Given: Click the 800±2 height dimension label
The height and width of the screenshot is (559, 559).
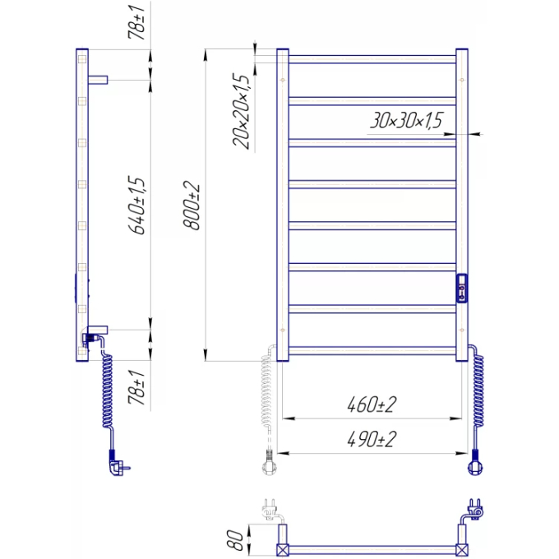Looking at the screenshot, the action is click(x=192, y=205).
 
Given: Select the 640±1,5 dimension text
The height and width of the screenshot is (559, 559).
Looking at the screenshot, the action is click(x=137, y=205).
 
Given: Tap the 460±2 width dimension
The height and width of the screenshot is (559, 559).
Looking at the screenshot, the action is click(x=372, y=404).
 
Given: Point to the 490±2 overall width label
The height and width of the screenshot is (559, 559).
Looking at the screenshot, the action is click(x=372, y=439).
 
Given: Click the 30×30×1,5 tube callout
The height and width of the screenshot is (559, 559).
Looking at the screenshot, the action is click(x=406, y=120).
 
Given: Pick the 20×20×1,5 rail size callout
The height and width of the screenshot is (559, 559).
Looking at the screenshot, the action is click(x=241, y=111).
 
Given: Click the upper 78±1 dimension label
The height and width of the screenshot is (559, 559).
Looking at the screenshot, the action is click(x=137, y=22).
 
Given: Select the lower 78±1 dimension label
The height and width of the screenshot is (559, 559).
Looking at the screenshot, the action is click(x=137, y=387).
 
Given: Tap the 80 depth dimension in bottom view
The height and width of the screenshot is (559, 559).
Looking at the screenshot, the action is click(x=234, y=540).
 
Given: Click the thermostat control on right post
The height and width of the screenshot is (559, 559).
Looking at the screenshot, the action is click(x=462, y=289).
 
